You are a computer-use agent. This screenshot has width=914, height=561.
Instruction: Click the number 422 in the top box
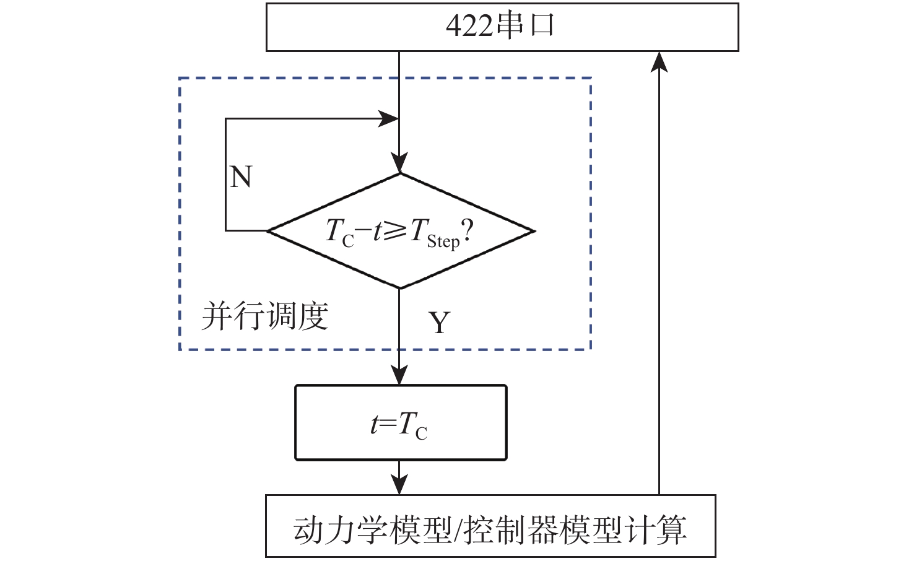[469, 27]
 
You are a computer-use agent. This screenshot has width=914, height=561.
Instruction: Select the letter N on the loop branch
[241, 178]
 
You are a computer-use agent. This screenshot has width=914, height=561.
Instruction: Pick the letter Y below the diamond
[439, 323]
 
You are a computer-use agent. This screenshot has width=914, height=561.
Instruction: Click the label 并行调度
[264, 316]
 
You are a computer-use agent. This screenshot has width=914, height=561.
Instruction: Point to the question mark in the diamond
[468, 232]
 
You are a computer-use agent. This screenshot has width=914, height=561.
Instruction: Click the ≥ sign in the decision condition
[395, 230]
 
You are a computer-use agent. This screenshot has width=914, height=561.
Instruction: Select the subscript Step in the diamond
[443, 241]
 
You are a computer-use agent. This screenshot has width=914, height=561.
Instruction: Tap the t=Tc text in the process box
[399, 425]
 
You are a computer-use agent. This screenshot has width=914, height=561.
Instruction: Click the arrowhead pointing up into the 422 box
[660, 61]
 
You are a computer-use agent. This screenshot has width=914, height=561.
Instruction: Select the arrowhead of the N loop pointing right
[389, 118]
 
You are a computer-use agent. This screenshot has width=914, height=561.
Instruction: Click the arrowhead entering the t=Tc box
[399, 375]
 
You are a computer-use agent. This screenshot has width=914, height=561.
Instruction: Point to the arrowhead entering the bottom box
[399, 485]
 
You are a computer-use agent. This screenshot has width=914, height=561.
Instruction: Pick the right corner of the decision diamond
[534, 232]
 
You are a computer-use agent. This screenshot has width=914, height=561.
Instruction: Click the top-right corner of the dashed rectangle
[591, 79]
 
